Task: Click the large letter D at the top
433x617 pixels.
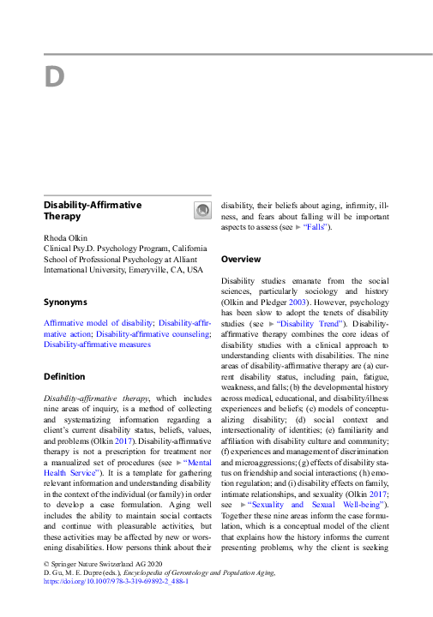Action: pos(55,77)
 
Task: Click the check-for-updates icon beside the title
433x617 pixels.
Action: pos(202,210)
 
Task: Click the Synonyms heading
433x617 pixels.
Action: pos(65,302)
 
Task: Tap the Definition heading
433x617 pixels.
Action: pos(64,376)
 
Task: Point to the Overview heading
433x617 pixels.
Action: pos(241,258)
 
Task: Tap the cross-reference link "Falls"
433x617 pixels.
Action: pos(315,227)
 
